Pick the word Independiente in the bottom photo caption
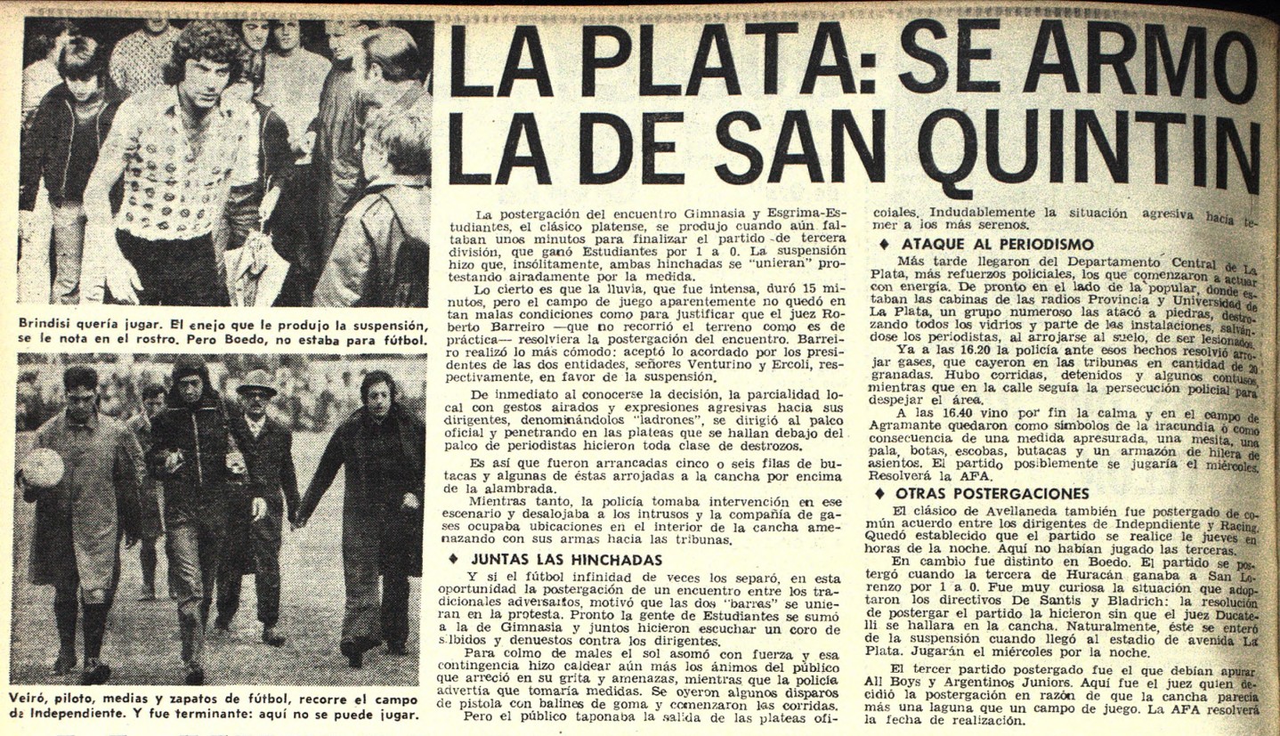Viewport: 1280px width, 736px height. (77, 714)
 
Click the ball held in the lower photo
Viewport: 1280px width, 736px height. (41, 467)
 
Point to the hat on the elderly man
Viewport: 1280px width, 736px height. (256, 383)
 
